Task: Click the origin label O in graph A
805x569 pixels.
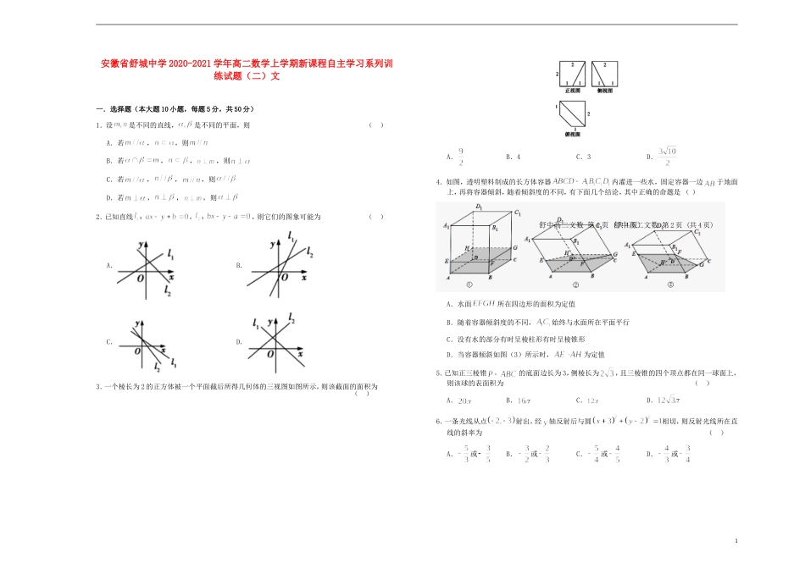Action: (x=142, y=280)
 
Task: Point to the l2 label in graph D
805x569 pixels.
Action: (x=291, y=318)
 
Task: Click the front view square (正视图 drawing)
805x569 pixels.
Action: (x=571, y=73)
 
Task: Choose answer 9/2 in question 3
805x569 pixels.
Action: (x=461, y=156)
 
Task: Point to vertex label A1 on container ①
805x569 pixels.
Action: (x=446, y=225)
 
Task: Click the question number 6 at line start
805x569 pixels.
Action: (x=438, y=421)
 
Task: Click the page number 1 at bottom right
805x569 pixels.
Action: (x=736, y=539)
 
